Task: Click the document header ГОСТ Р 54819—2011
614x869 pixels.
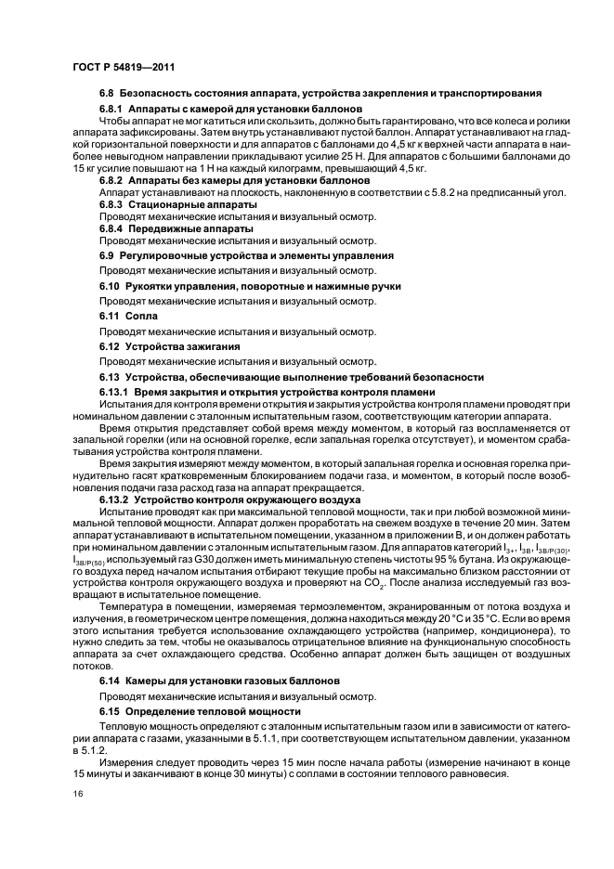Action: [123, 68]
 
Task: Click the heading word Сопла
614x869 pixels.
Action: [138, 317]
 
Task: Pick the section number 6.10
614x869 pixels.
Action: [110, 287]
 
